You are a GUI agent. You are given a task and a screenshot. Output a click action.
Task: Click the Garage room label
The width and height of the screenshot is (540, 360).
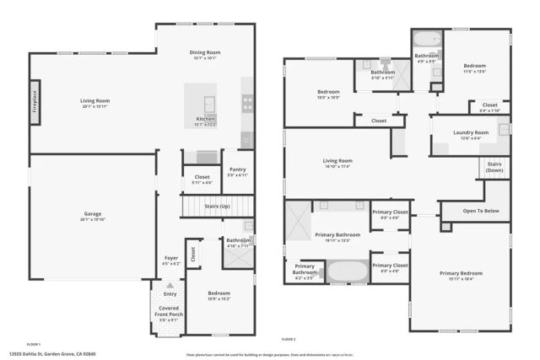[91, 213]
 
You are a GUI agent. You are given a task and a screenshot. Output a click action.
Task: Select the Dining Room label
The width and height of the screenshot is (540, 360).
[204, 52]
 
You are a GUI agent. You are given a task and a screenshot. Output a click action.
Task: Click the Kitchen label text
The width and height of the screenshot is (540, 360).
[206, 119]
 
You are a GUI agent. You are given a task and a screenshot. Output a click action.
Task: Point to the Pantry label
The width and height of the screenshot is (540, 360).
[236, 169]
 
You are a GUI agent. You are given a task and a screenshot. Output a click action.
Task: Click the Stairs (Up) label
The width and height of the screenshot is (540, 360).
[219, 205]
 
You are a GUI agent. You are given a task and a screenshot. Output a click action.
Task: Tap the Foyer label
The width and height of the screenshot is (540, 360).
[171, 258]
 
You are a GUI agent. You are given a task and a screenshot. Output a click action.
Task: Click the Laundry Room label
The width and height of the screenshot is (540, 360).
[470, 132]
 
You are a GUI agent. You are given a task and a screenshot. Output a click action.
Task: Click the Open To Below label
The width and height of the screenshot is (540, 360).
[482, 211]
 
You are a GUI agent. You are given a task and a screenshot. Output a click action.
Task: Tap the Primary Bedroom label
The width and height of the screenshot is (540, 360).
[460, 272]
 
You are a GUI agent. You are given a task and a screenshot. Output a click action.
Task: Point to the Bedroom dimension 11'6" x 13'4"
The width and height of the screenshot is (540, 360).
[475, 72]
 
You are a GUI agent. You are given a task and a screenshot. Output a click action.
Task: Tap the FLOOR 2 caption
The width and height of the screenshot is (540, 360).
[288, 340]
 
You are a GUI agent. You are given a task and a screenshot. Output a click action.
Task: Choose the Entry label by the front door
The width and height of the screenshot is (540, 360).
[170, 294]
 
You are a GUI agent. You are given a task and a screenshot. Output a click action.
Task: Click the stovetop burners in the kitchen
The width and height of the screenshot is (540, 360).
[248, 103]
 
